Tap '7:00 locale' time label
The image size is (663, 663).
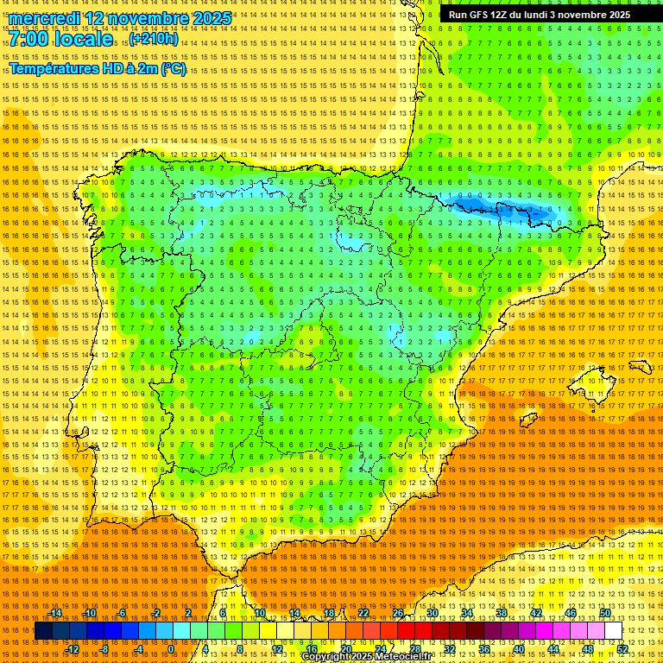pyautogui.click(x=61, y=40)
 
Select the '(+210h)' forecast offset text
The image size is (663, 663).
pyautogui.click(x=155, y=39)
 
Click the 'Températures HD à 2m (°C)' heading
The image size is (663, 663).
pyautogui.click(x=98, y=69)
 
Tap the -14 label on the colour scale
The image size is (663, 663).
pyautogui.click(x=56, y=613)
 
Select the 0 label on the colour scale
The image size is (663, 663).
pyautogui.click(x=170, y=649)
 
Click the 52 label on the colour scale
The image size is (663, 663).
pyautogui.click(x=622, y=649)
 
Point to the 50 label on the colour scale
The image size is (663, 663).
pyautogui.click(x=605, y=613)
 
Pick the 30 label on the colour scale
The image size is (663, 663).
pyautogui.click(x=432, y=613)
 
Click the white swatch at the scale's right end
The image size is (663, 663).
pyautogui.click(x=614, y=631)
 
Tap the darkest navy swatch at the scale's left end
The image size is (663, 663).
pyautogui.click(x=43, y=631)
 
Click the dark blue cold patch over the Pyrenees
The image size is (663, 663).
pyautogui.click(x=509, y=209)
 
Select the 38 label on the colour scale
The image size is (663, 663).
pyautogui.click(x=502, y=613)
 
